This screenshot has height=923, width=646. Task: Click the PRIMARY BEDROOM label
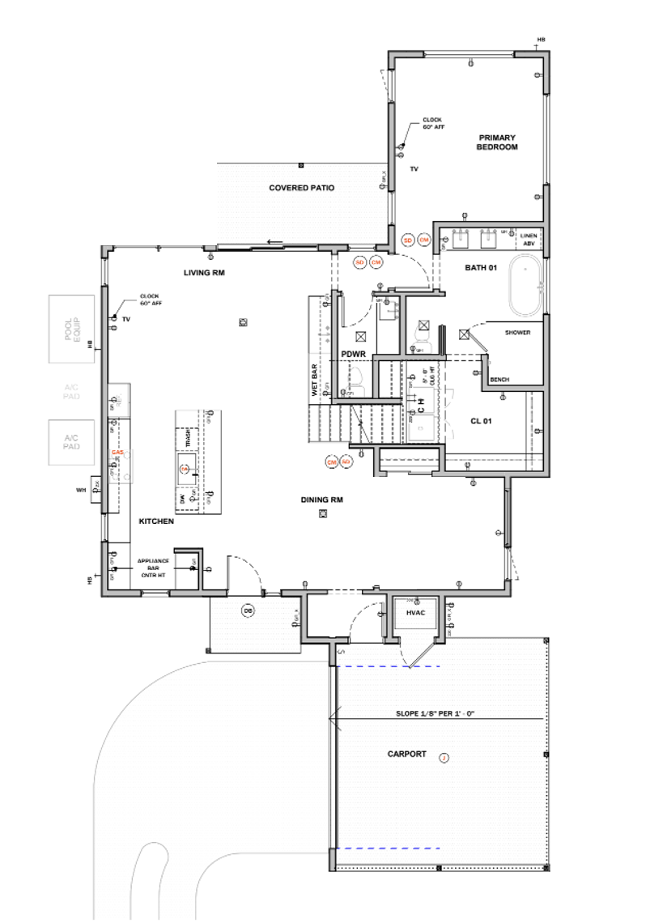click(496, 142)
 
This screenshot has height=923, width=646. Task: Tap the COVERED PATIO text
click(301, 188)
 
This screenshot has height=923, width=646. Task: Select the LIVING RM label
click(203, 273)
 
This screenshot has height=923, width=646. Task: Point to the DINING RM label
click(322, 500)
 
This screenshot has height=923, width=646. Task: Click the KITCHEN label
click(156, 522)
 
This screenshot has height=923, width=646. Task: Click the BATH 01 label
click(480, 267)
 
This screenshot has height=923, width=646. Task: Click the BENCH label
click(499, 378)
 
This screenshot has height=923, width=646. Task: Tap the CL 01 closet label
click(481, 421)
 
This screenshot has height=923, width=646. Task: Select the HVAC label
click(416, 614)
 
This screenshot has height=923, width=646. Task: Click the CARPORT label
click(406, 754)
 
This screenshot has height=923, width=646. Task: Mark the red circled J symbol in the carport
click(443, 758)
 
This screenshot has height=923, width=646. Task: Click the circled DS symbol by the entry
click(248, 610)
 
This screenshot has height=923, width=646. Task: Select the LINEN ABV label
click(529, 239)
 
